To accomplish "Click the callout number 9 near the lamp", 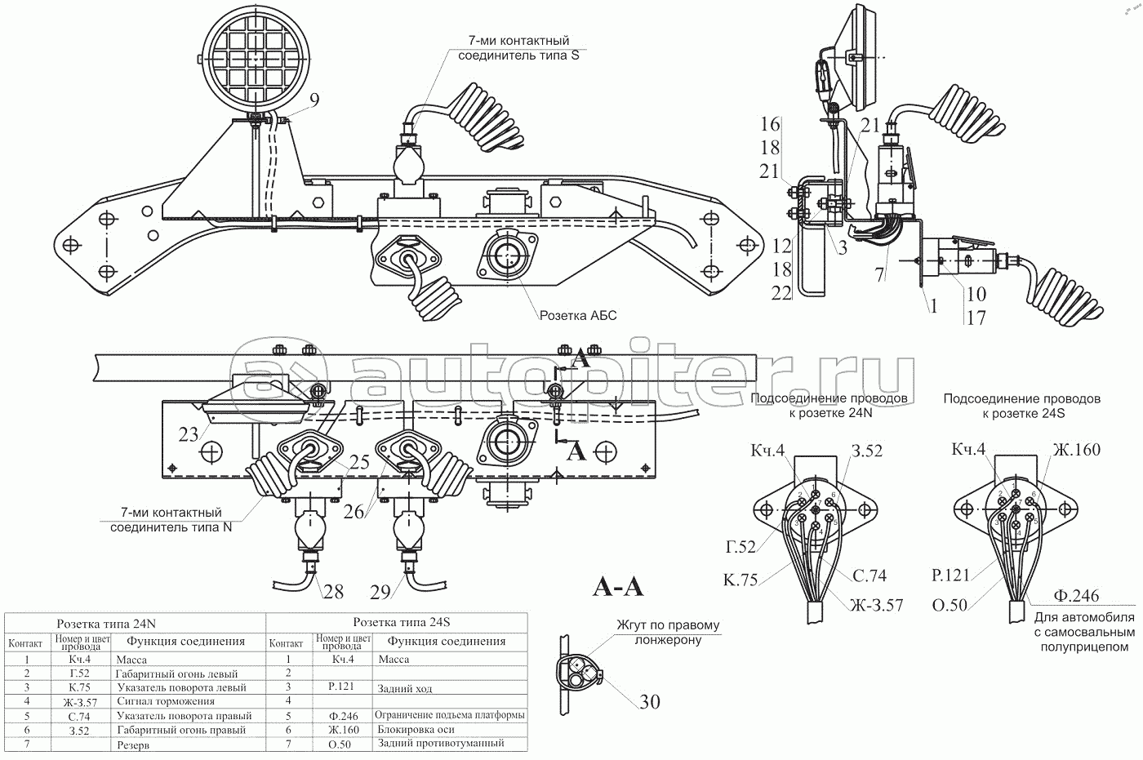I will tap(314, 100).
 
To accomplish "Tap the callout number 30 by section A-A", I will tap(650, 701).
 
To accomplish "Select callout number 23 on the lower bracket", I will tap(189, 434).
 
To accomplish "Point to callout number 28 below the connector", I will tap(332, 591).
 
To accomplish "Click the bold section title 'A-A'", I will tap(617, 587).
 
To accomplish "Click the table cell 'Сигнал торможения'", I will tap(166, 701).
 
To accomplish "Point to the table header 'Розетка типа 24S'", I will tap(401, 622).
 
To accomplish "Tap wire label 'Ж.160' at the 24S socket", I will tap(1076, 450).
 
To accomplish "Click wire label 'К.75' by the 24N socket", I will tap(740, 580).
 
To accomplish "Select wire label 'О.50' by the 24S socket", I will tap(950, 605).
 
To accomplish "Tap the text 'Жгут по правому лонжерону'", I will tap(669, 633).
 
